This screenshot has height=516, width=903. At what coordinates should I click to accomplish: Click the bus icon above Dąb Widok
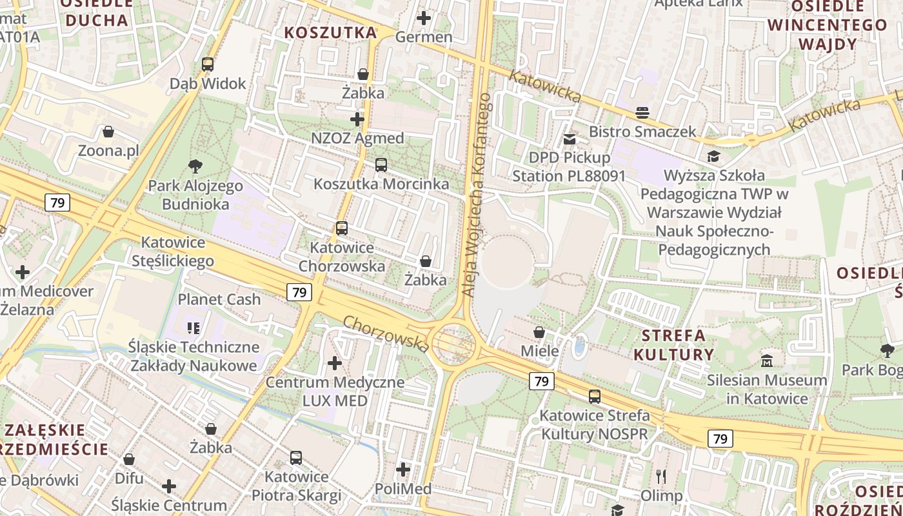[x=207, y=64]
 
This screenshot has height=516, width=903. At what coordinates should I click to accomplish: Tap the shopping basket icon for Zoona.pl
[x=108, y=132]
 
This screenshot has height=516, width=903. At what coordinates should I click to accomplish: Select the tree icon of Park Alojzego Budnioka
[x=195, y=166]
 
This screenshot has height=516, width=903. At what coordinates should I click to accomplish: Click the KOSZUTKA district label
[x=331, y=32]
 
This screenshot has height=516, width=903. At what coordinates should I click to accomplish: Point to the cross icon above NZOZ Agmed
[x=357, y=119]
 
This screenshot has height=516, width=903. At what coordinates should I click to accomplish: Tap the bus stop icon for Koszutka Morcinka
[x=381, y=165]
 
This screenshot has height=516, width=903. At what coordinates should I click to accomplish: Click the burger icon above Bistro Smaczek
[x=642, y=113]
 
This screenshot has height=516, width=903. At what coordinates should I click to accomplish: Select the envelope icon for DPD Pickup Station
[x=569, y=139]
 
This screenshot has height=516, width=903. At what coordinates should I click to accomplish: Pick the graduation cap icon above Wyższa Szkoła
[x=713, y=156]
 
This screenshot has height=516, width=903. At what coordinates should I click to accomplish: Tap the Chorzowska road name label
[x=386, y=333]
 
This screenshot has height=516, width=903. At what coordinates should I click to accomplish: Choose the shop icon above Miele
[x=539, y=333]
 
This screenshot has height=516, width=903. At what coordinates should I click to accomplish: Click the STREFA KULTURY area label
[x=673, y=345]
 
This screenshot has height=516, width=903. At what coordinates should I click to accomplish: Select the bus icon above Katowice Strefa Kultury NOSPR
[x=594, y=397]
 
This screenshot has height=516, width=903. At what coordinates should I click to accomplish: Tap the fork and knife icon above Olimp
[x=660, y=477]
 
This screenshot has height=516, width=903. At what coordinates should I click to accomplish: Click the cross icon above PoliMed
[x=403, y=470]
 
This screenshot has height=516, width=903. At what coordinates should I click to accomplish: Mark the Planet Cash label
[x=219, y=299]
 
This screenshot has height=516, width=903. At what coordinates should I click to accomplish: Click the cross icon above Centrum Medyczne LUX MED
[x=334, y=363]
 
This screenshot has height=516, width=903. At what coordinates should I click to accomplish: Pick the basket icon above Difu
[x=129, y=460]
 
